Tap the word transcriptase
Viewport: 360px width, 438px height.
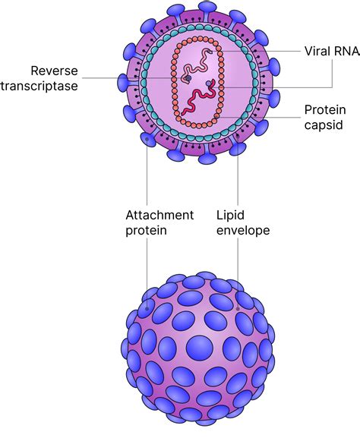click(x=50, y=84)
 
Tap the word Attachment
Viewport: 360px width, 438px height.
click(x=159, y=215)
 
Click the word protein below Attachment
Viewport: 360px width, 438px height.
click(x=146, y=231)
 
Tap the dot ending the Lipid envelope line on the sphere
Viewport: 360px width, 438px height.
click(x=238, y=308)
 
